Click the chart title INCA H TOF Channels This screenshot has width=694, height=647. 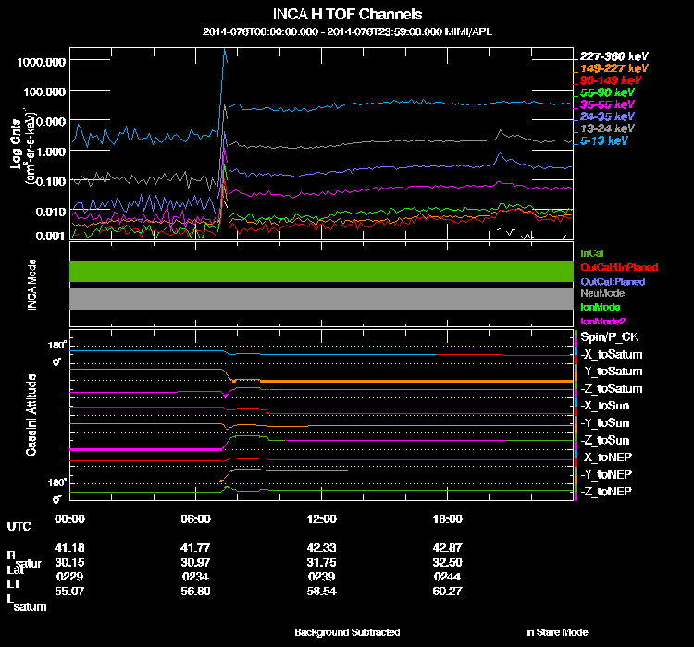pos(347,15)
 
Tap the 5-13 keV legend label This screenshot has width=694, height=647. pos(607,140)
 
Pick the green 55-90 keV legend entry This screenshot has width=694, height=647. pos(607,92)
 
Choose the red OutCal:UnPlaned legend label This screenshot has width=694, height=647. pos(619,267)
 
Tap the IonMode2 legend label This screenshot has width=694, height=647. pos(601,320)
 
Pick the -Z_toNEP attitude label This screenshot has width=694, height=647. pos(606,491)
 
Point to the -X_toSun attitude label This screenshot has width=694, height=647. pos(607,406)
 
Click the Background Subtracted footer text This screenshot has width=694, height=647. pos(347,632)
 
